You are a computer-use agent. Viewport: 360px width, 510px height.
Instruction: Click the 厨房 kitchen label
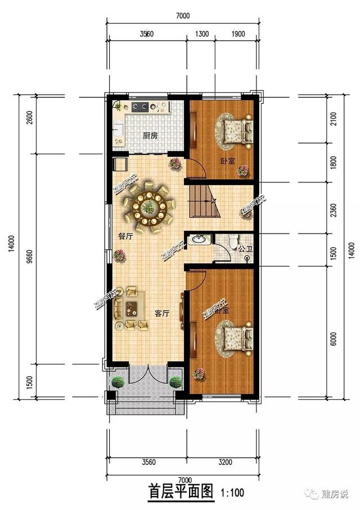150,136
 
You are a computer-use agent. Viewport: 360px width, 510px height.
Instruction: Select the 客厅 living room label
161,314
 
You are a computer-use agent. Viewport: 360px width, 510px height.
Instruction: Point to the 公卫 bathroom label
244,248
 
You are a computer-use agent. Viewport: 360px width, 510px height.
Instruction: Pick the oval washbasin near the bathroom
198,240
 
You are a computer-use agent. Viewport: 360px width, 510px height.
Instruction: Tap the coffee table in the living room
132,308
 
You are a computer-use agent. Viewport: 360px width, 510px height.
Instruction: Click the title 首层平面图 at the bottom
181,491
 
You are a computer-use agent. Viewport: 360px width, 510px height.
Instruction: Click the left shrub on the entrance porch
118,382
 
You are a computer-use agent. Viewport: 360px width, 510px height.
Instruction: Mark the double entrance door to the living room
147,372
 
